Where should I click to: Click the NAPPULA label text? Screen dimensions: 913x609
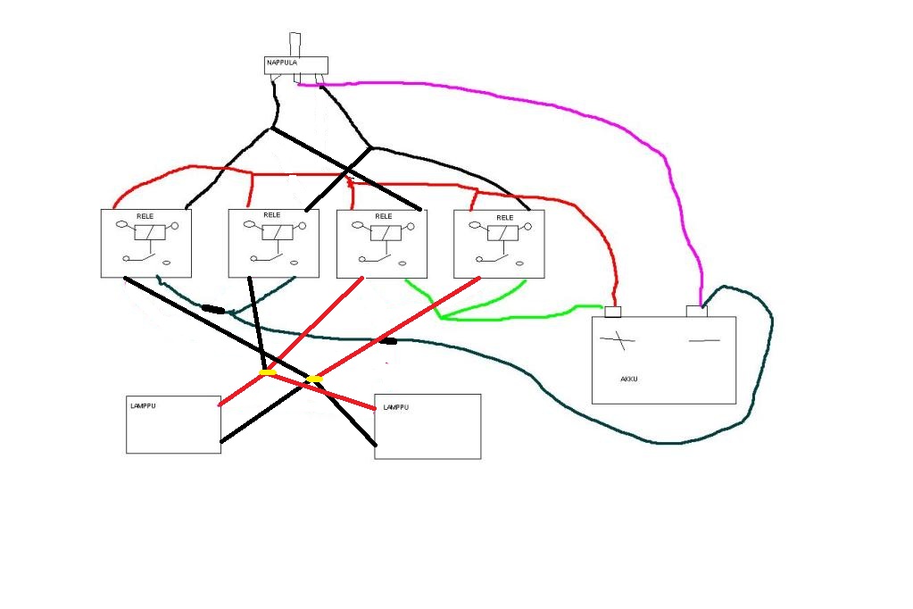pyautogui.click(x=282, y=63)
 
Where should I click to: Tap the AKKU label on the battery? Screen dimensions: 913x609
pyautogui.click(x=629, y=379)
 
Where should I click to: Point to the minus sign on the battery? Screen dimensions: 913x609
pyautogui.click(x=704, y=340)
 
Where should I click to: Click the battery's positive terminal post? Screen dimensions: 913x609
pyautogui.click(x=613, y=312)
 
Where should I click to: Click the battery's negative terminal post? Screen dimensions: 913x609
pyautogui.click(x=697, y=312)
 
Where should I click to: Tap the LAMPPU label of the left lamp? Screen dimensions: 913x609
pyautogui.click(x=143, y=405)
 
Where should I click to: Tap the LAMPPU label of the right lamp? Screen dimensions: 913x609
pyautogui.click(x=396, y=407)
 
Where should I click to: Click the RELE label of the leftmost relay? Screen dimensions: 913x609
pyautogui.click(x=145, y=216)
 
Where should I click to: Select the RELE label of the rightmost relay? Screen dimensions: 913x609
pyautogui.click(x=505, y=217)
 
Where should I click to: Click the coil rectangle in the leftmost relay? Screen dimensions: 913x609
pyautogui.click(x=150, y=232)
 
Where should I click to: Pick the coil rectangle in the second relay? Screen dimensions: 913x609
pyautogui.click(x=278, y=232)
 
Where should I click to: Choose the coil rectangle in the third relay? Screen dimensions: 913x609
pyautogui.click(x=386, y=233)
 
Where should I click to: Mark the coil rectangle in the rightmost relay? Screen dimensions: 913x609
pyautogui.click(x=502, y=233)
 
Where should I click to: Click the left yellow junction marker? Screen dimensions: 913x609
pyautogui.click(x=267, y=371)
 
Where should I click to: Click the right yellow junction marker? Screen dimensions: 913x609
pyautogui.click(x=314, y=380)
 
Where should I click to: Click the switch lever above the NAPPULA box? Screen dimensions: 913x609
pyautogui.click(x=295, y=45)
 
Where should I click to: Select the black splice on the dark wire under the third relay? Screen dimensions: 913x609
pyautogui.click(x=388, y=341)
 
